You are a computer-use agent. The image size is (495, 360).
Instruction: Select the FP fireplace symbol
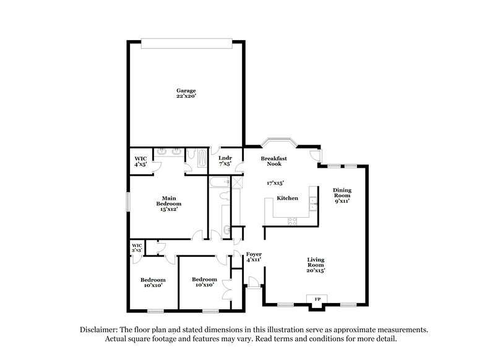(318, 299)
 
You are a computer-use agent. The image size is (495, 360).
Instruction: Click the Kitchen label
(288, 199)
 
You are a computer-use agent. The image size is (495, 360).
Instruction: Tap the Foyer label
(254, 254)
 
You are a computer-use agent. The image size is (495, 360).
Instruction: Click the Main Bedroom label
(168, 201)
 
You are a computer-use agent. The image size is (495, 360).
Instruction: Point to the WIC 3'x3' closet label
(137, 247)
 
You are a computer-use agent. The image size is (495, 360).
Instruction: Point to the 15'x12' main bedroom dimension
(168, 209)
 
